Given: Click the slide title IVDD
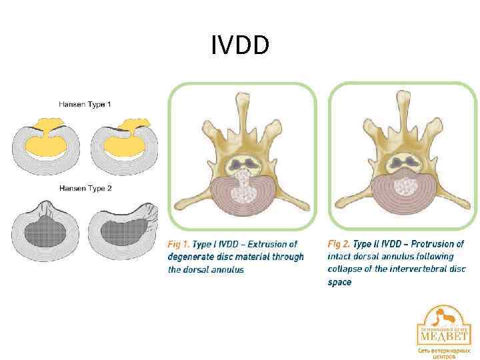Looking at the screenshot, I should pyautogui.click(x=240, y=46).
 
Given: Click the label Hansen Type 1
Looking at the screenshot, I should pyautogui.click(x=85, y=104).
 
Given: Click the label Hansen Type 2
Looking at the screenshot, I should pyautogui.click(x=85, y=189).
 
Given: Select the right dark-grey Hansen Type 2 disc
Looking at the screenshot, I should pyautogui.click(x=123, y=231).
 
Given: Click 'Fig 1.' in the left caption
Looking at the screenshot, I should pyautogui.click(x=178, y=244).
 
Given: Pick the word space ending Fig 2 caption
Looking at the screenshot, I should pyautogui.click(x=339, y=282).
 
